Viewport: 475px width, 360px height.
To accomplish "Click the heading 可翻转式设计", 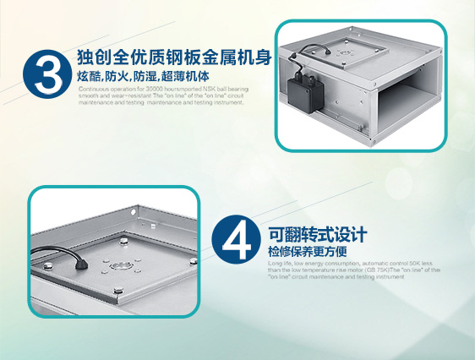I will pos(317,234).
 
